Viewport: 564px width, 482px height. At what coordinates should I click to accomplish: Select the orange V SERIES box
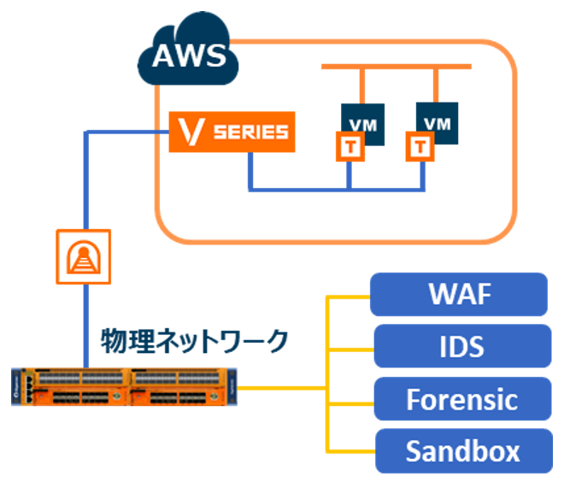[230, 132]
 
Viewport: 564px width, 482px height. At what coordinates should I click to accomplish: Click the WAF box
[459, 294]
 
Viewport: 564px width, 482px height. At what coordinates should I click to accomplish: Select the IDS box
[459, 346]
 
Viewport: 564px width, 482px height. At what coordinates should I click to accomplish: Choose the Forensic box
[459, 398]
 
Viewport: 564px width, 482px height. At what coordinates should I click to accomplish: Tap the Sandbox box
[459, 450]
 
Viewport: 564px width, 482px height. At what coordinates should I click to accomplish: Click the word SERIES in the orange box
[250, 132]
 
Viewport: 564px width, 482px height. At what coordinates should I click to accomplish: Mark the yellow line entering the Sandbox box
[350, 450]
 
